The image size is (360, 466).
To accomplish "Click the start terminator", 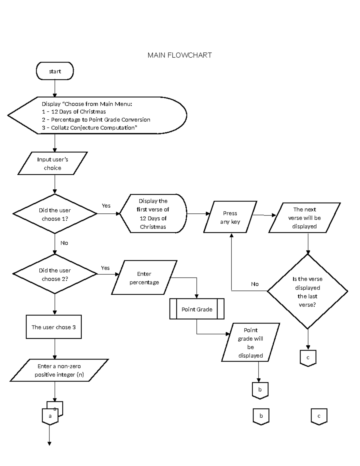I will point(55,71).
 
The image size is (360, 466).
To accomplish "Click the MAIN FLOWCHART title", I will point(179,55).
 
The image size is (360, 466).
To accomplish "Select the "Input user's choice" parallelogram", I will point(52,164).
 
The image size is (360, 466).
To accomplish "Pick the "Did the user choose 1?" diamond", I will point(55,214).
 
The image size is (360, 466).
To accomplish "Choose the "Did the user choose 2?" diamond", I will point(55,274).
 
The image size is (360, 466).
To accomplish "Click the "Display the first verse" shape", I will point(153,214).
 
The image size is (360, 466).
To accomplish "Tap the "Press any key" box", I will point(230,217).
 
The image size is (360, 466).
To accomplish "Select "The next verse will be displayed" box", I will point(304,218).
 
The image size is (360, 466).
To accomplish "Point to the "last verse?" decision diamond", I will point(307,291).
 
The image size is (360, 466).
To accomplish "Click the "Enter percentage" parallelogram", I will point(144,278).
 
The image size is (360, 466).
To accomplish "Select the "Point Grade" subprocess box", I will point(197,309).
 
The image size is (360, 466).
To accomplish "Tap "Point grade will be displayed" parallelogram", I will point(250,343).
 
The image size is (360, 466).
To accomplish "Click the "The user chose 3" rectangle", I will point(54,327).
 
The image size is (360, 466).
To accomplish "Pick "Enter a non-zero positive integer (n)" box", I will point(59,370).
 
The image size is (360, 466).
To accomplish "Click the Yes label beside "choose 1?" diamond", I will point(106,206).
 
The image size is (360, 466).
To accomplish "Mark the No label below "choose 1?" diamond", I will point(64,243).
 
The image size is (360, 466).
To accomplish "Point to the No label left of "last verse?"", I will point(255,284).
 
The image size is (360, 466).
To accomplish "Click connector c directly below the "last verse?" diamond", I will point(308,358).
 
